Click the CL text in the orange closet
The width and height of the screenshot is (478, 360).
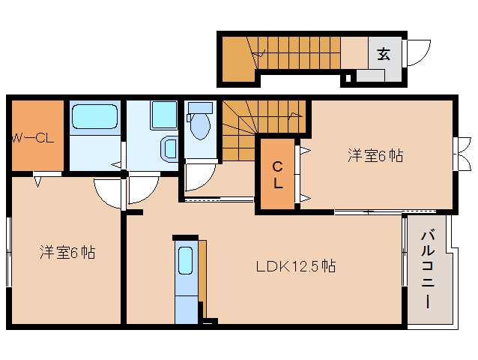coord(277,175)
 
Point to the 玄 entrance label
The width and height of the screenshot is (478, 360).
coord(384,54)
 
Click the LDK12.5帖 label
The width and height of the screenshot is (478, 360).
coord(295,266)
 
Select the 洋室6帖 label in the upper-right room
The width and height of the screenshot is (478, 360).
coord(375,156)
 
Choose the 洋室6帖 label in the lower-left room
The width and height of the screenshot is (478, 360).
coord(67,253)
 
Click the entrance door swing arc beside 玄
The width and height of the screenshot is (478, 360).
coord(417,52)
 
